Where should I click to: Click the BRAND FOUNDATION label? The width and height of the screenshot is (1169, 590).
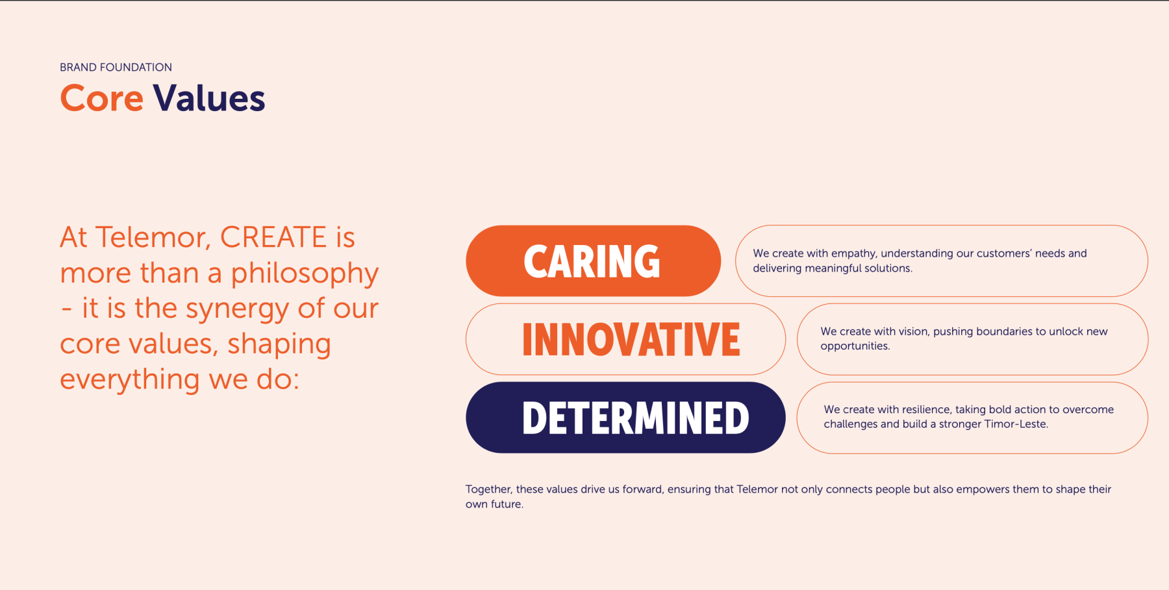pos(116,67)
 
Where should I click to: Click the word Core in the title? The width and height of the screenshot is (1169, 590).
pos(101,98)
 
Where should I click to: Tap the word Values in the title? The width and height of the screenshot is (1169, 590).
pos(209,98)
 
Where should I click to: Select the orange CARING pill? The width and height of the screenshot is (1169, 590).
pos(593,261)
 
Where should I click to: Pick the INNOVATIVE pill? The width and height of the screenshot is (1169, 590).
pos(625,339)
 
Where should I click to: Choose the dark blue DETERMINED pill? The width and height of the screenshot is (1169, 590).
pos(625,417)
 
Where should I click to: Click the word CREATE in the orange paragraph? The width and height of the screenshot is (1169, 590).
pos(273,237)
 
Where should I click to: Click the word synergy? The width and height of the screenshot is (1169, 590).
pos(237,309)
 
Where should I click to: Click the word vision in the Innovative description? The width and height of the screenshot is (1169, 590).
pos(913,331)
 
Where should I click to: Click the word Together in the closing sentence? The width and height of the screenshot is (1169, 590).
pos(489,489)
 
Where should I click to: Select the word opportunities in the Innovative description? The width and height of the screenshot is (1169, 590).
pos(855,346)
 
